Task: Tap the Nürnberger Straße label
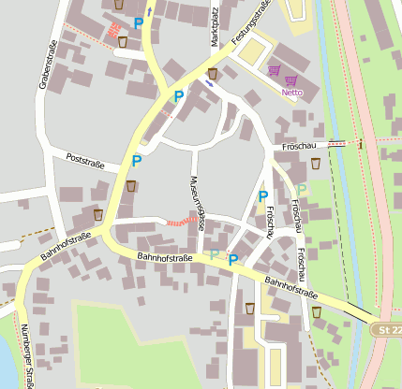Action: pyautogui.click(x=28, y=360)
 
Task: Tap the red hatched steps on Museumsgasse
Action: pyautogui.click(x=177, y=222)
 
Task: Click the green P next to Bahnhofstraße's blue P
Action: pyautogui.click(x=215, y=254)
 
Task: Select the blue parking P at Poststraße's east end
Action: pyautogui.click(x=137, y=161)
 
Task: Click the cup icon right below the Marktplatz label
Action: pyautogui.click(x=213, y=73)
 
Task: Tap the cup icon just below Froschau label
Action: pyautogui.click(x=315, y=164)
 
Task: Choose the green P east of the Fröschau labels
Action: pyautogui.click(x=303, y=190)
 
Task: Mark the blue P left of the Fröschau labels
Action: pyautogui.click(x=263, y=196)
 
